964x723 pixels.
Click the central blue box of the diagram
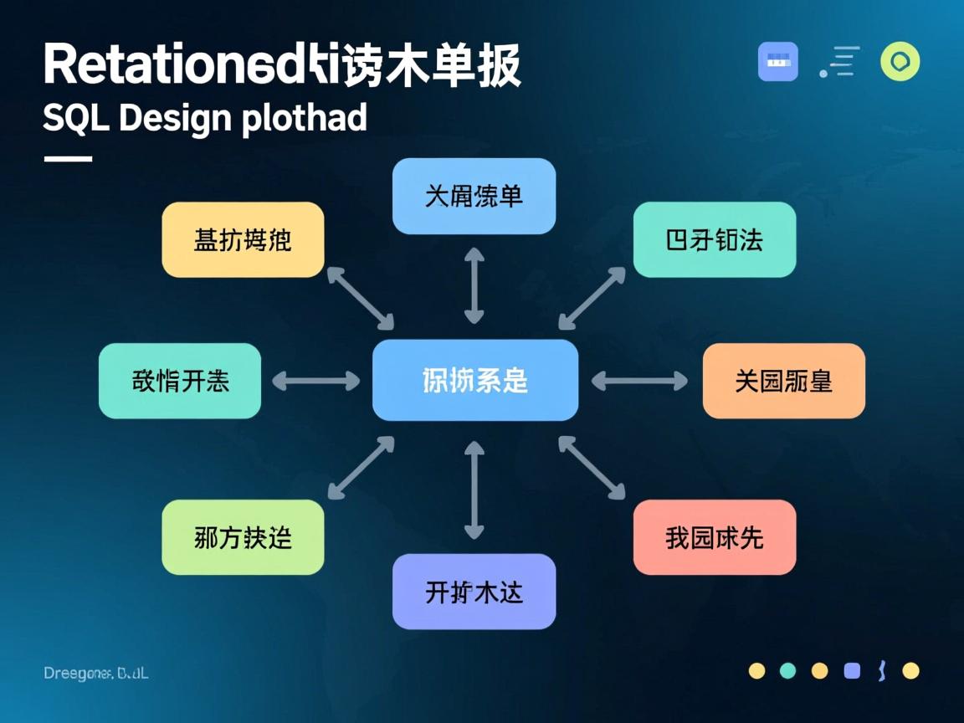coord(474,380)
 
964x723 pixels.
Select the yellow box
coord(243,239)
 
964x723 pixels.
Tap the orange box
coord(783,381)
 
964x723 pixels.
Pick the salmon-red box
coord(714,537)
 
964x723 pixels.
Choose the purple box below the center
coord(474,592)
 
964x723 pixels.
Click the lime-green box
coord(243,537)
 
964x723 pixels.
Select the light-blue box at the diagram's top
coord(474,196)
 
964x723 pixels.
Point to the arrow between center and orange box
coord(639,381)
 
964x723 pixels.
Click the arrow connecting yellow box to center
coord(360,298)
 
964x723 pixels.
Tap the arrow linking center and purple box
coord(474,490)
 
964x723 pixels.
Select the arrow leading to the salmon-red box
coord(592,468)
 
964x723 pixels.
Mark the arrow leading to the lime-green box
coord(361,468)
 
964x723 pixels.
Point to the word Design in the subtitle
coord(175,119)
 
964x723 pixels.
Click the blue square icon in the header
coord(777,62)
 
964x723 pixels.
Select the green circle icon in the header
coord(900,62)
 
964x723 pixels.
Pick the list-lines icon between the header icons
coord(839,62)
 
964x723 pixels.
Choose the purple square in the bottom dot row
coord(852,670)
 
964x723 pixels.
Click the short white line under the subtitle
coord(67,158)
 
